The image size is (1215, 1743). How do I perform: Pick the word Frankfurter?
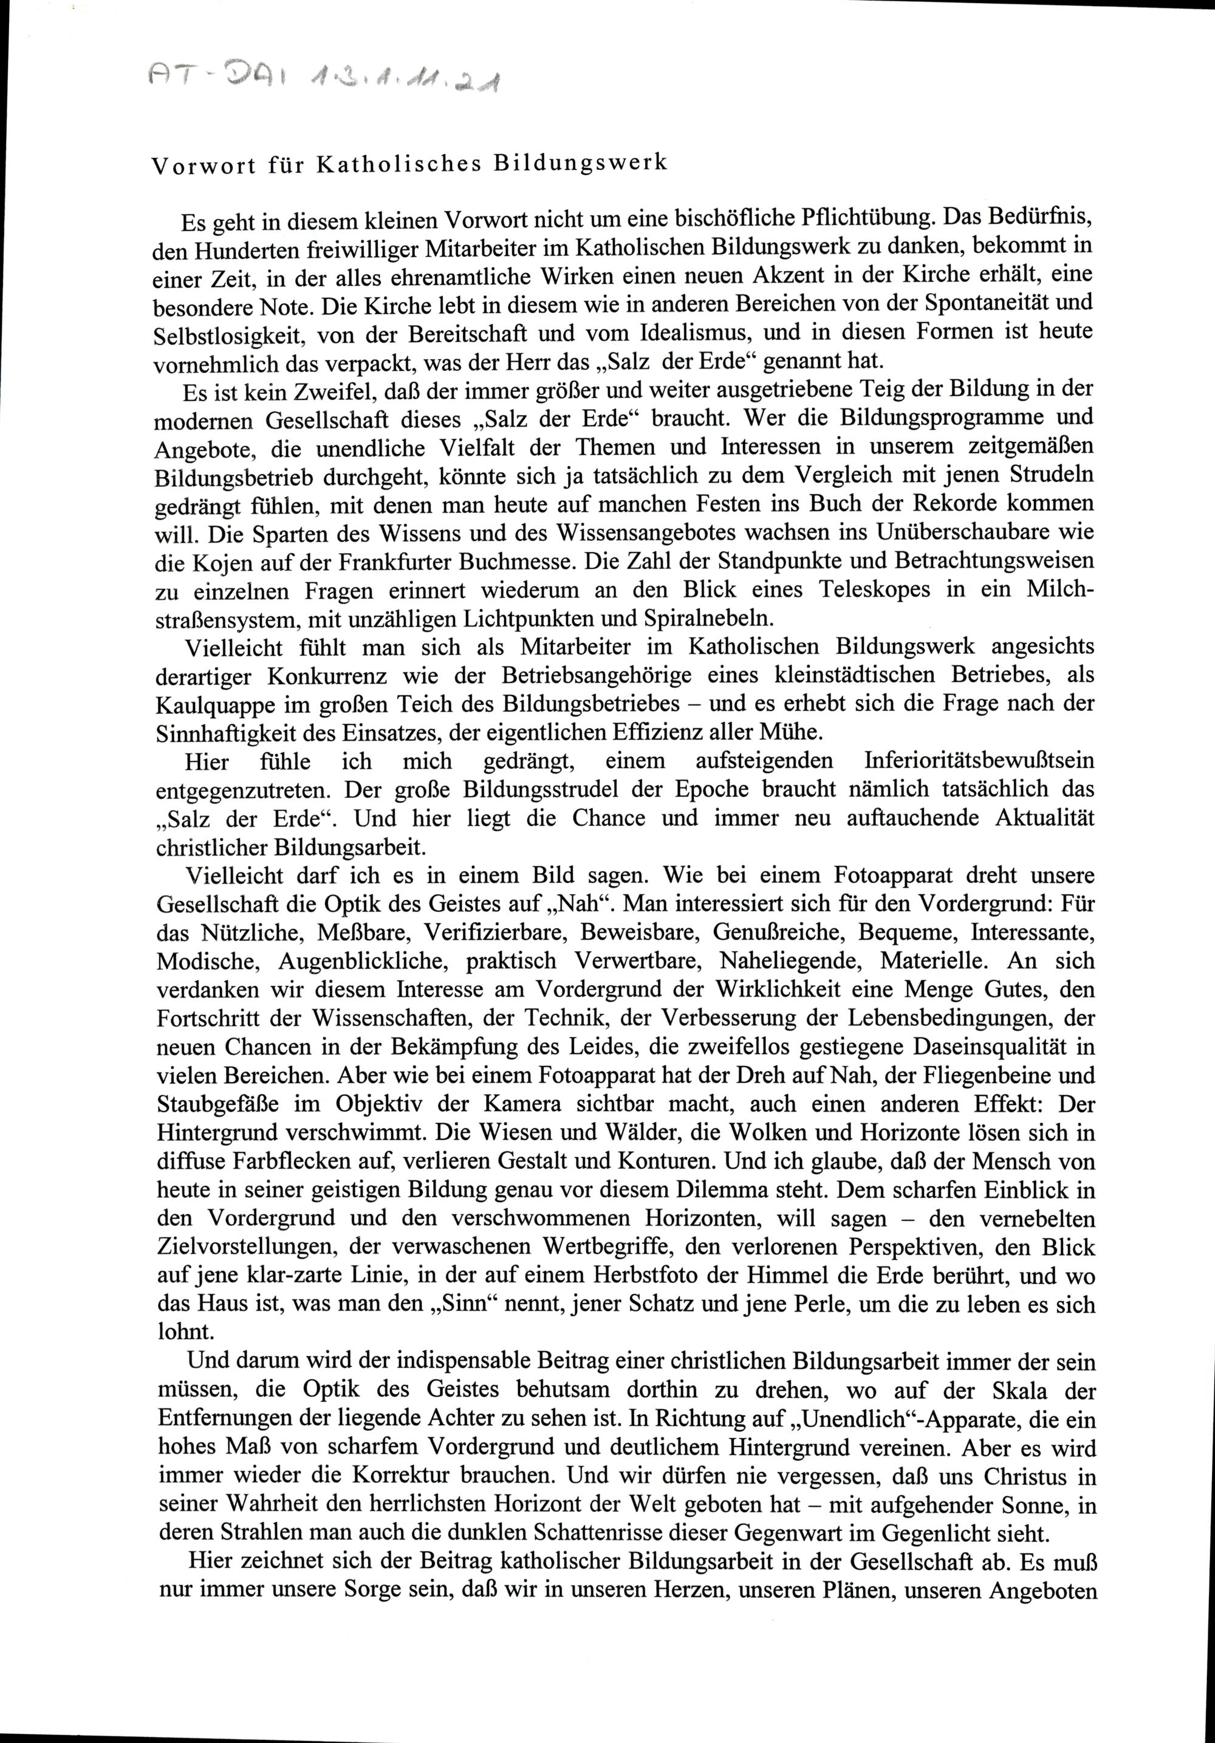(x=383, y=561)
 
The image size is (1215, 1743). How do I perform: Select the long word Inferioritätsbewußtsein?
(x=979, y=761)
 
